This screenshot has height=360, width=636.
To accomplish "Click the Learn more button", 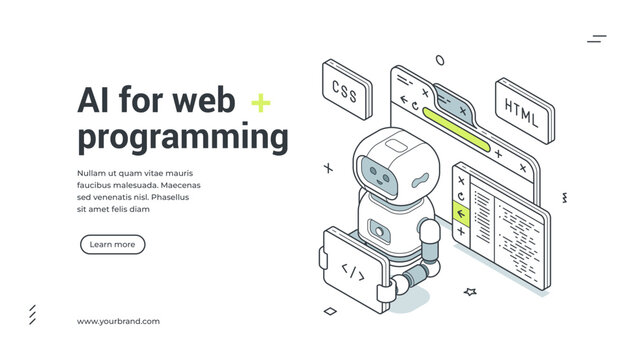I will click(112, 244).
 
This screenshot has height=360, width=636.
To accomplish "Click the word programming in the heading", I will click(182, 137).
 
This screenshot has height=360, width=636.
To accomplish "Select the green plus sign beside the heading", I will click(260, 102).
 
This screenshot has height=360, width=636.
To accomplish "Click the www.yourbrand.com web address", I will click(118, 321).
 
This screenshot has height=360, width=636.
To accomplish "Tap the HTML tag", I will click(519, 107).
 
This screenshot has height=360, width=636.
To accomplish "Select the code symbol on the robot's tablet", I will click(352, 269).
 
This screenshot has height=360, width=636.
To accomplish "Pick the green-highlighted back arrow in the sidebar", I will click(461, 212).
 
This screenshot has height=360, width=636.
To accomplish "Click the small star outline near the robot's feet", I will click(470, 292).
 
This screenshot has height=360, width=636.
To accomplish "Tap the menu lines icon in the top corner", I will click(597, 39).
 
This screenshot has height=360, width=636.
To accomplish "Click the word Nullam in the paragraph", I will click(91, 173).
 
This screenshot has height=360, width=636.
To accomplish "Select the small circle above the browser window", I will click(440, 59).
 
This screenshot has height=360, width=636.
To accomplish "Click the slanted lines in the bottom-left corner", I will click(32, 314).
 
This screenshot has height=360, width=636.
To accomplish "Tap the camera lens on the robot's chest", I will click(379, 229).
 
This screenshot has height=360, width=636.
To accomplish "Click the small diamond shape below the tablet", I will click(330, 311).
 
